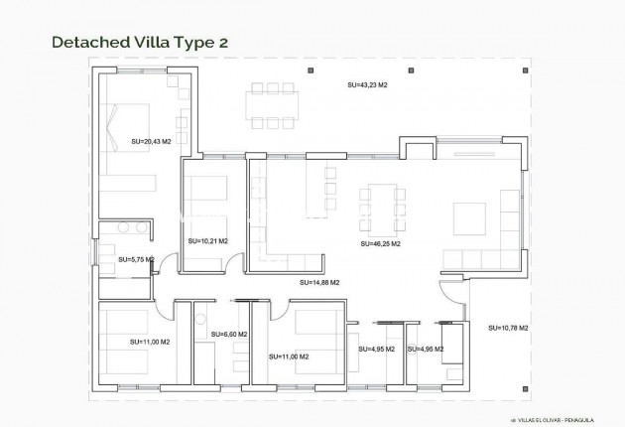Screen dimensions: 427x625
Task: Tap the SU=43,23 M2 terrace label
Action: [367, 86]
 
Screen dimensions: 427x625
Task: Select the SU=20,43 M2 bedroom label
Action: [150, 141]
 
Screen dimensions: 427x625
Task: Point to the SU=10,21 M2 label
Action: [208, 240]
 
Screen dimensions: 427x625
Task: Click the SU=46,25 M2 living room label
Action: [381, 243]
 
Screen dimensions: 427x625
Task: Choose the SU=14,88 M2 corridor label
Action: [319, 282]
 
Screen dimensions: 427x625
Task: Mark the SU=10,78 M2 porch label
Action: [508, 328]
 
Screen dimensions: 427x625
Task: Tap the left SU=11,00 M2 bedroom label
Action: [150, 342]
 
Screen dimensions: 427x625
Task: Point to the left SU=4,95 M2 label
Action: [378, 349]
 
